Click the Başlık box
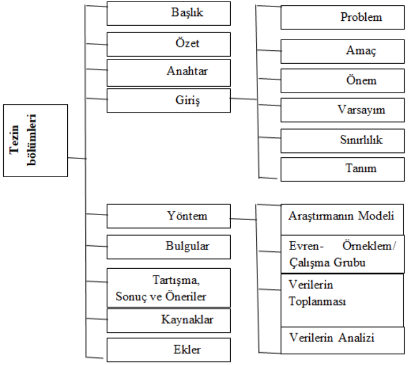(x=169, y=13)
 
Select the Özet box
(x=169, y=44)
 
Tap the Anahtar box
(x=169, y=73)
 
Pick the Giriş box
(x=169, y=101)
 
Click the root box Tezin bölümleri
(x=35, y=141)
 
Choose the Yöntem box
(x=169, y=216)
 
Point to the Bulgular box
(x=169, y=247)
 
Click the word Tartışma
(x=176, y=280)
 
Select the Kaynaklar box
(x=169, y=321)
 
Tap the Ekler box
(x=169, y=350)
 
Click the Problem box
(x=342, y=18)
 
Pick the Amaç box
(x=342, y=51)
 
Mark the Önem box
(x=342, y=81)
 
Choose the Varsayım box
(x=342, y=110)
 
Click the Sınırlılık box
(x=342, y=141)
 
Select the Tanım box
(x=342, y=169)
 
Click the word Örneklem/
(x=369, y=246)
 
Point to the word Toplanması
(x=317, y=302)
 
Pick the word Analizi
(x=357, y=338)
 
